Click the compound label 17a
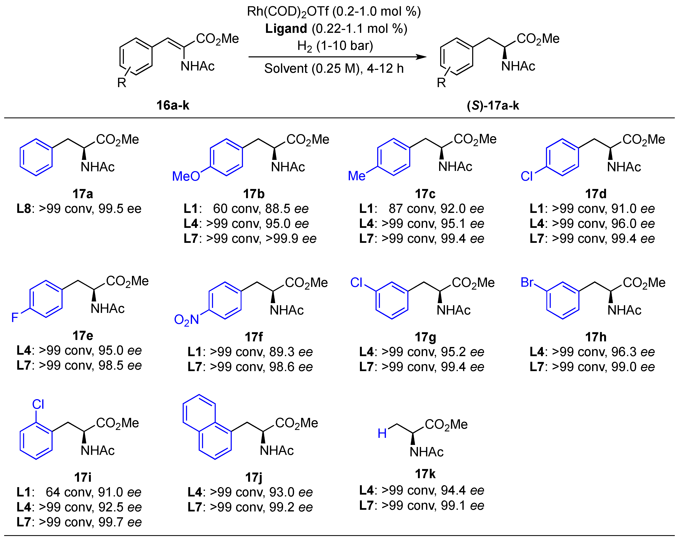pos(83,194)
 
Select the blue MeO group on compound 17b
pos(186,176)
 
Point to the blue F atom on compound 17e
pos(15,317)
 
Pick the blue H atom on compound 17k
pos(382,433)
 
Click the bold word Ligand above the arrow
pos(286,29)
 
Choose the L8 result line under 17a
pos(79,209)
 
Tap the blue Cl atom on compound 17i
pos(38,404)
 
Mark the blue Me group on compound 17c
pos(356,176)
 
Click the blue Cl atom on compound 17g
pos(356,282)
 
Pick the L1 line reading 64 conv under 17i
pos(79,492)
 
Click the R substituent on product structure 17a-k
pos(441,83)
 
